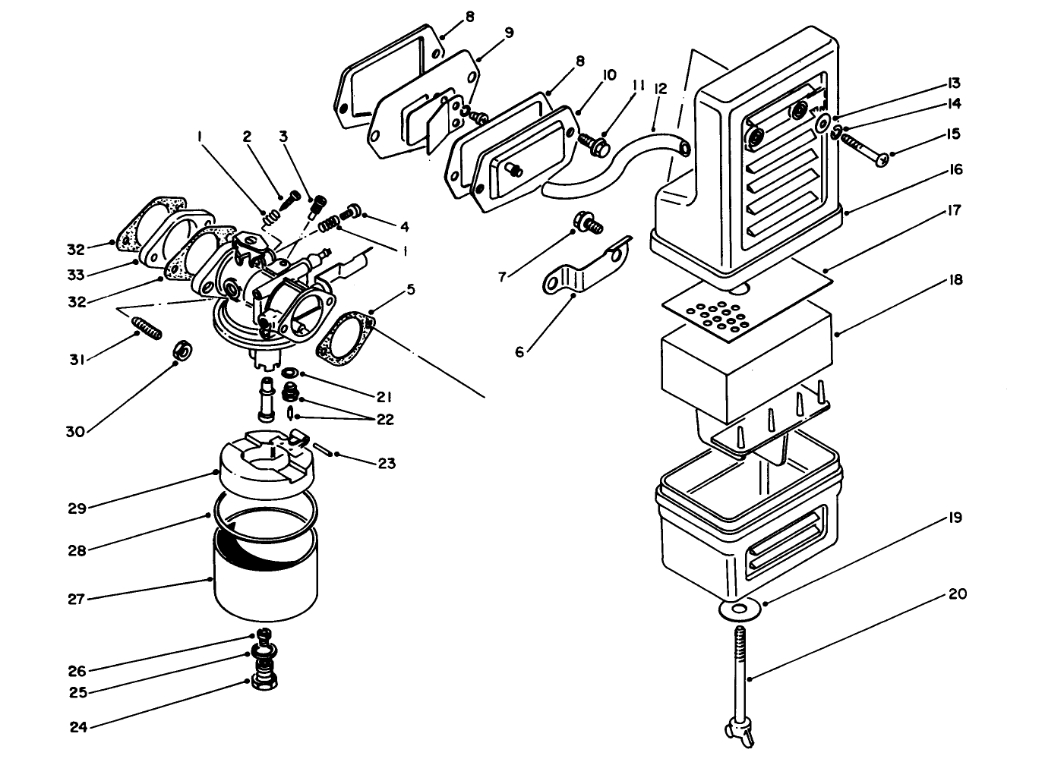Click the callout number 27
tap(76, 600)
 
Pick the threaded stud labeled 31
tap(149, 330)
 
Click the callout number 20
tap(958, 594)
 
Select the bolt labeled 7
tap(590, 222)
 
